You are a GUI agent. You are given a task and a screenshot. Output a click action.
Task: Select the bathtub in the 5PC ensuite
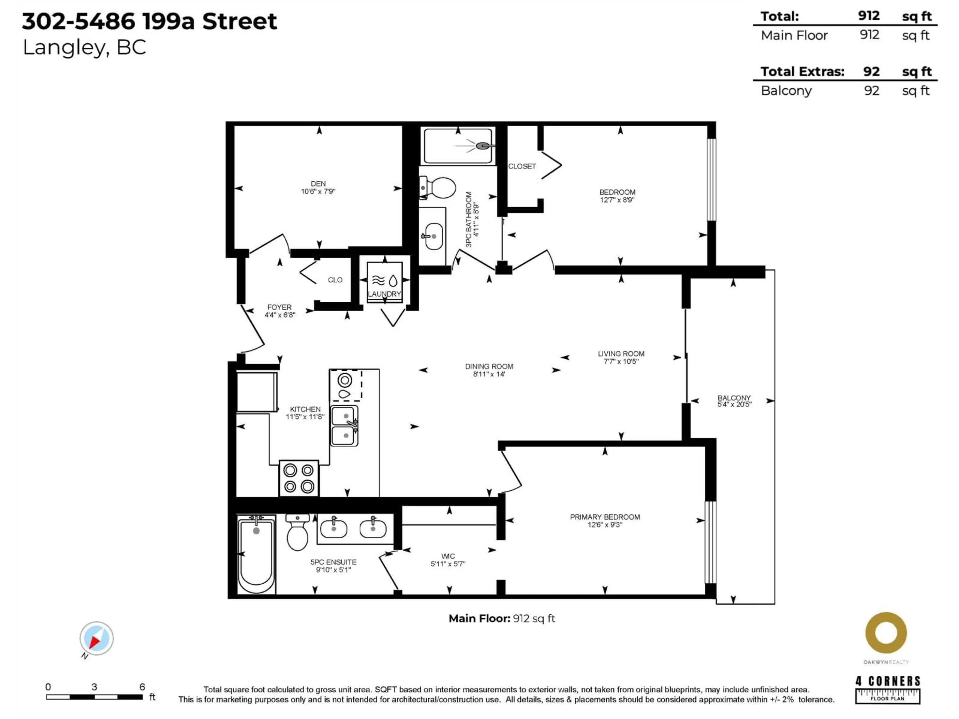pyautogui.click(x=256, y=554)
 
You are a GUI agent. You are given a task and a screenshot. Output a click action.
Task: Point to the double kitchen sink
pyautogui.click(x=345, y=426)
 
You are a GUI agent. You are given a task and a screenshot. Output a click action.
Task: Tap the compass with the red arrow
pyautogui.click(x=96, y=638)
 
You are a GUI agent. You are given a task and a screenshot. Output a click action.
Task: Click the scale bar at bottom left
pyautogui.click(x=94, y=697)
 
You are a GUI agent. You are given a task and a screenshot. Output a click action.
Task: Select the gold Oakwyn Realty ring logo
pyautogui.click(x=886, y=633)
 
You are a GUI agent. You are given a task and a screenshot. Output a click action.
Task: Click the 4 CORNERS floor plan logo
pyautogui.click(x=888, y=689)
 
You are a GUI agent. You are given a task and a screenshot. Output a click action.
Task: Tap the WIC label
pyautogui.click(x=448, y=556)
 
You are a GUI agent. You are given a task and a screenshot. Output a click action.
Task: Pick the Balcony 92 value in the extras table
pyautogui.click(x=871, y=91)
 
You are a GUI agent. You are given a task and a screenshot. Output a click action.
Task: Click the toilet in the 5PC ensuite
pyautogui.click(x=297, y=533)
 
